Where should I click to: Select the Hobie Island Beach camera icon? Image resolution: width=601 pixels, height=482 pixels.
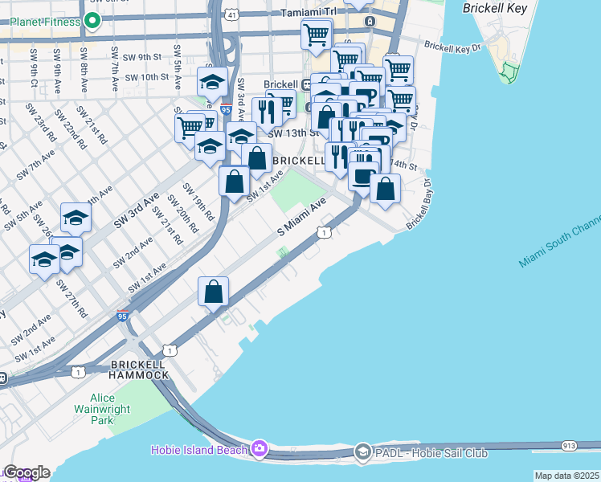click(x=260, y=447)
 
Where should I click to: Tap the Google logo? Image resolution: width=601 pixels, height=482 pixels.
click(x=26, y=472)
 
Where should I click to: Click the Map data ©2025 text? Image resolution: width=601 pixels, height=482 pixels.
click(x=567, y=476)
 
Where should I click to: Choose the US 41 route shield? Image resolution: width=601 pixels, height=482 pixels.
click(x=231, y=14)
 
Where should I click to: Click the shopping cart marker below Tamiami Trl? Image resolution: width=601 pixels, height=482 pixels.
click(x=317, y=34)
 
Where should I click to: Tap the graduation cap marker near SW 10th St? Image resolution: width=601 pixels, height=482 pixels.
click(x=212, y=81)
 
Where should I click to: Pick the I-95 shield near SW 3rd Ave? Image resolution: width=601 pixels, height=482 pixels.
click(x=224, y=108)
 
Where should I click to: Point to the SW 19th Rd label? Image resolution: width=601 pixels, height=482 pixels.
click(x=198, y=201)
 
